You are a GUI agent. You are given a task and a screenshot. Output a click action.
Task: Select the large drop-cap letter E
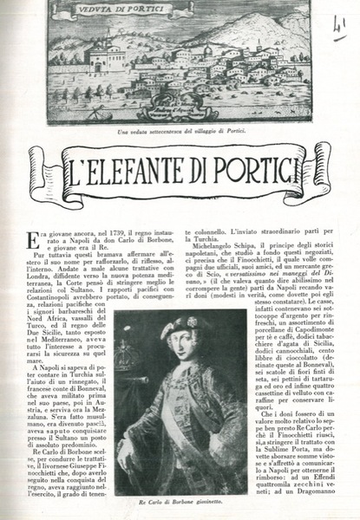click(x=32, y=240)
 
